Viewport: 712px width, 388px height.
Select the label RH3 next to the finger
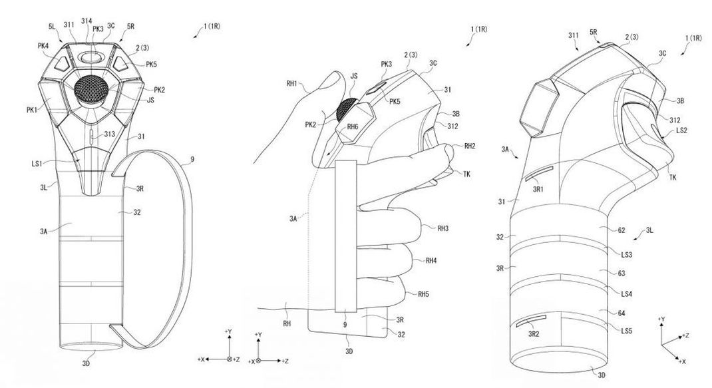point(443,228)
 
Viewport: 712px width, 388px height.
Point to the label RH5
point(424,293)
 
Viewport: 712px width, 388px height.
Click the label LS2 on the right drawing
point(681,131)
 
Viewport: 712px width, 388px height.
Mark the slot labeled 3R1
point(538,175)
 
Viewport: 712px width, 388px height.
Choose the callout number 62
point(621,230)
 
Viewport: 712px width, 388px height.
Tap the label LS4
point(625,293)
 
